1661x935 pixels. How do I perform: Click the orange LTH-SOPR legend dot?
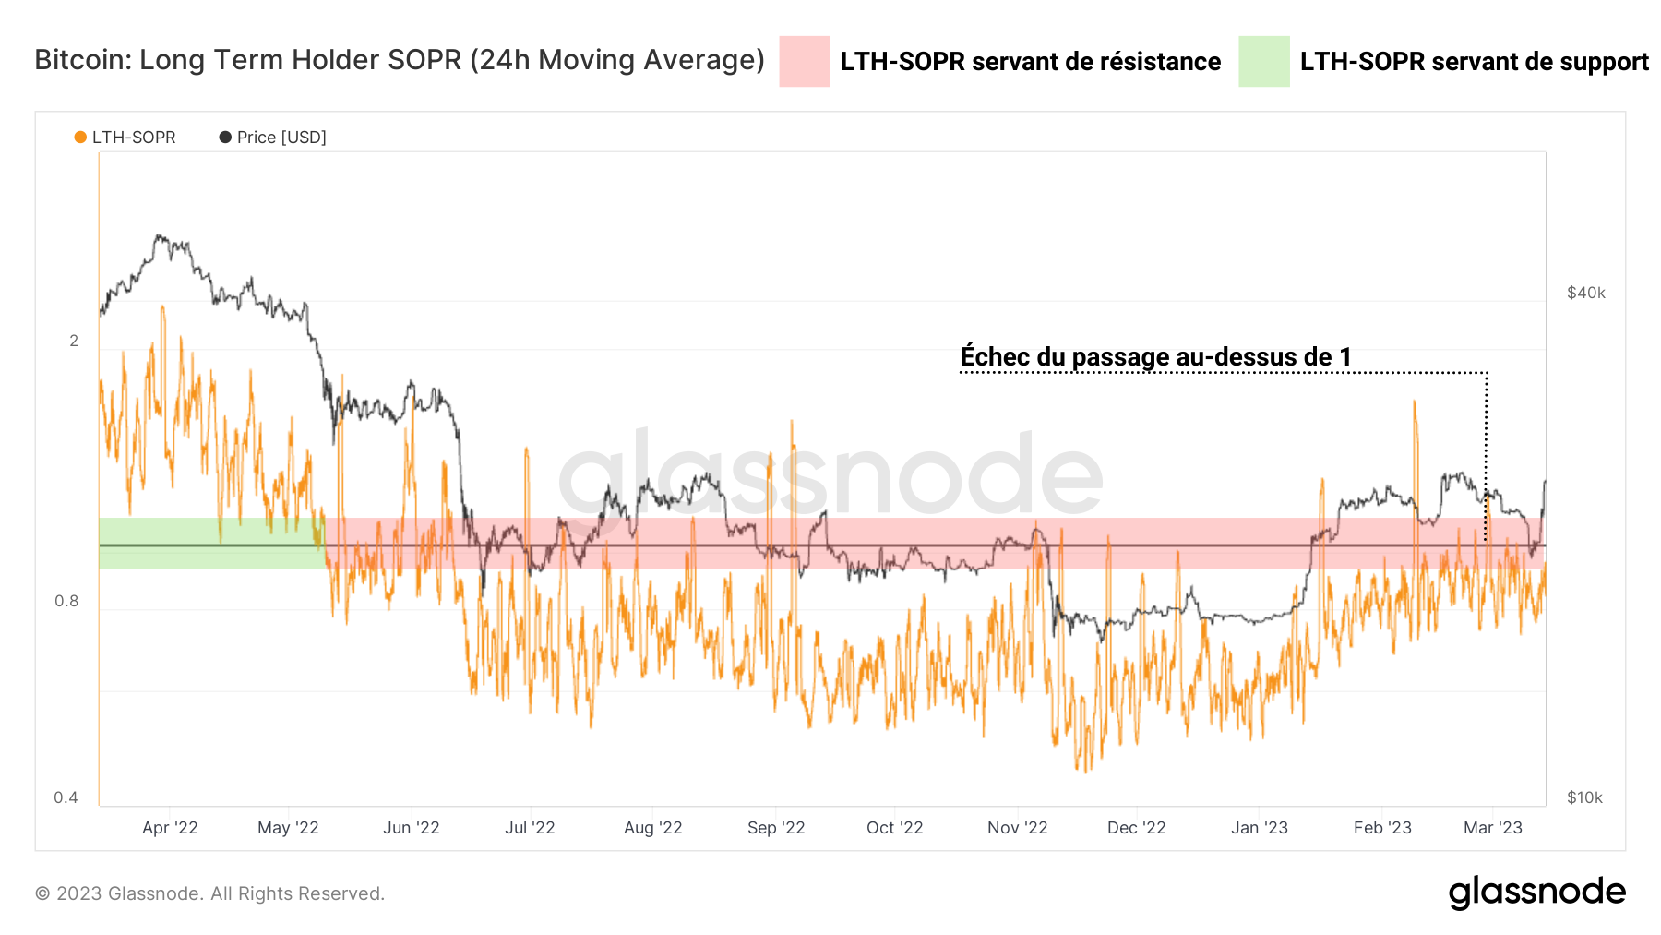[80, 138]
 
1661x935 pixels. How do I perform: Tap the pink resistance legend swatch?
[804, 62]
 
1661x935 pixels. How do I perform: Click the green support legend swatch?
[1263, 62]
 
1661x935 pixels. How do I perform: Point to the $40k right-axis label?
[1585, 294]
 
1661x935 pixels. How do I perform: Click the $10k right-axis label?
[1583, 797]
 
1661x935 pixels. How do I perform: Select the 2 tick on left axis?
[74, 341]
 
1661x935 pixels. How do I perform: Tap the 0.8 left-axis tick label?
[66, 601]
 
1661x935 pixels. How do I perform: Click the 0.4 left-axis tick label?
[66, 797]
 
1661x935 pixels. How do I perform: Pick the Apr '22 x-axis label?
[170, 828]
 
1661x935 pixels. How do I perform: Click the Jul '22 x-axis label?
[530, 828]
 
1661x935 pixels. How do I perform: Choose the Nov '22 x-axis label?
[1017, 828]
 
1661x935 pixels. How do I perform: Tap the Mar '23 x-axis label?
[1492, 828]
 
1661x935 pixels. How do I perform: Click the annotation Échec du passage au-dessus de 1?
[1155, 356]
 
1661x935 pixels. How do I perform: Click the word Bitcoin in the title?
[81, 60]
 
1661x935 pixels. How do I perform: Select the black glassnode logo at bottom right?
[1536, 892]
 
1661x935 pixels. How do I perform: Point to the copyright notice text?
[209, 893]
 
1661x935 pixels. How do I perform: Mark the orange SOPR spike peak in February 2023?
[1414, 402]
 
